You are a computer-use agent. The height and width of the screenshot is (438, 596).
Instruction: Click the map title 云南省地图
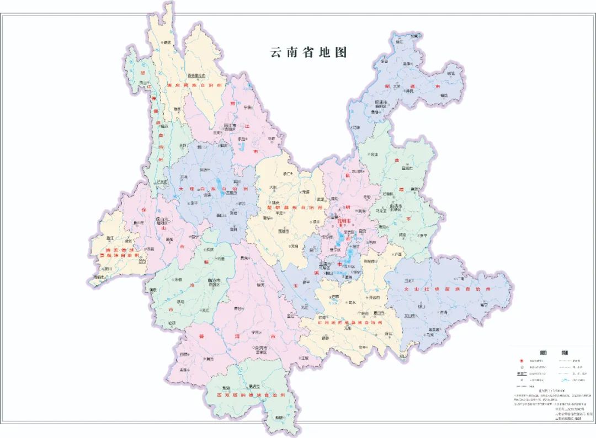coord(308,52)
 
